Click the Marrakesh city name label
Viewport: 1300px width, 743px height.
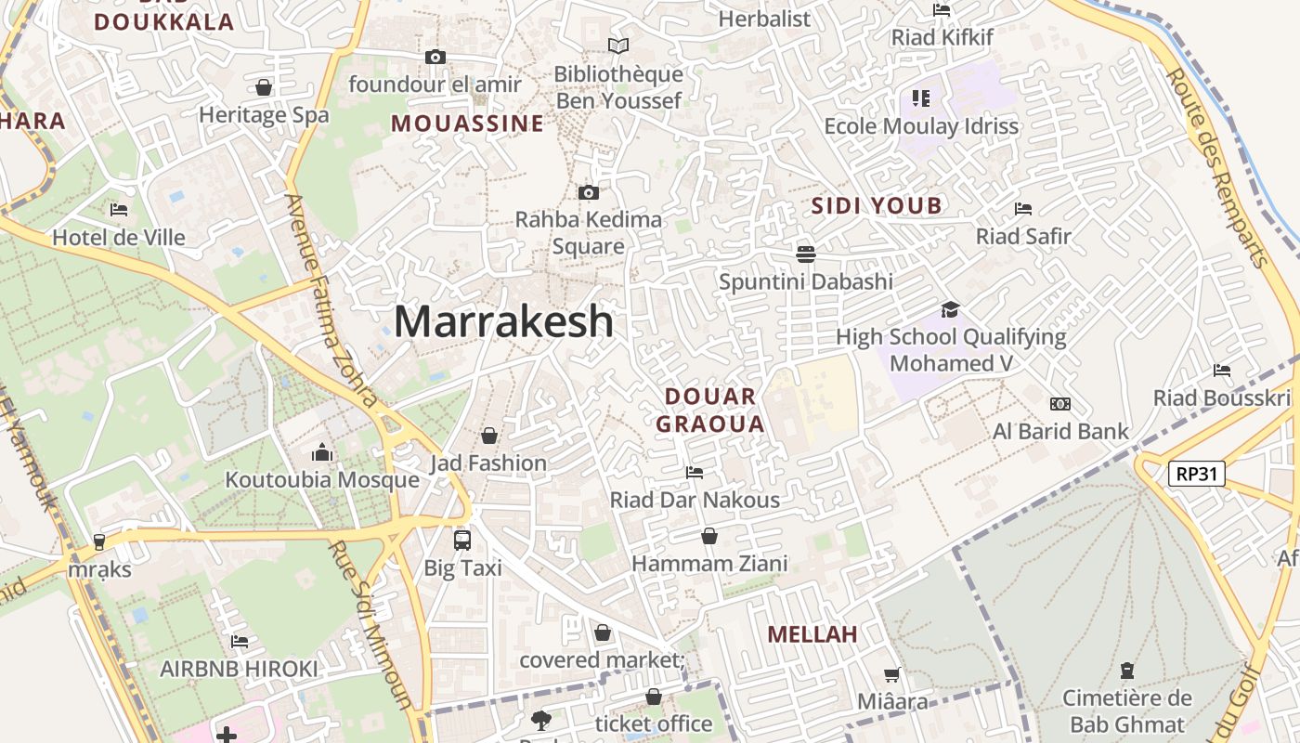[x=503, y=321]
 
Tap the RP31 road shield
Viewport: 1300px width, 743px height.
[x=1196, y=475]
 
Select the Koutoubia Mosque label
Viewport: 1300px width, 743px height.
[x=322, y=480]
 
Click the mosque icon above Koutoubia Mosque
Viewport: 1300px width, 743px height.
[x=322, y=452]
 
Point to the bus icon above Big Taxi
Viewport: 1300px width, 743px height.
[x=461, y=540]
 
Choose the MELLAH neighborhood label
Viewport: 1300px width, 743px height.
[x=812, y=634]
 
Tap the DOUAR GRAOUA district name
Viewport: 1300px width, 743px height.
[x=710, y=411]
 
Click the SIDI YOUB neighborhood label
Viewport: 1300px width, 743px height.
[x=877, y=206]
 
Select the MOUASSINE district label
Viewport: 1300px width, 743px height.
[x=467, y=124]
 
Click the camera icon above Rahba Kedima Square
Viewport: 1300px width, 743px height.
[x=588, y=193]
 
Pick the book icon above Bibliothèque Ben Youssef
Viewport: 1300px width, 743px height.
[x=617, y=46]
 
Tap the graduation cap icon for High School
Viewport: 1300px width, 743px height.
[x=950, y=309]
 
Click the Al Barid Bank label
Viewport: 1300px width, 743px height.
[x=1060, y=431]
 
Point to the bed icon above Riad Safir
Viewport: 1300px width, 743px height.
[x=1023, y=209]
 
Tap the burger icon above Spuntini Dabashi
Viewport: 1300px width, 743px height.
[x=805, y=254]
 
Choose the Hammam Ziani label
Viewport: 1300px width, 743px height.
[x=709, y=563]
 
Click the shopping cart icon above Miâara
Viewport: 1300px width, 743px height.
[x=891, y=675]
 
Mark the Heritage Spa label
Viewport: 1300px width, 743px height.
[x=264, y=115]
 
